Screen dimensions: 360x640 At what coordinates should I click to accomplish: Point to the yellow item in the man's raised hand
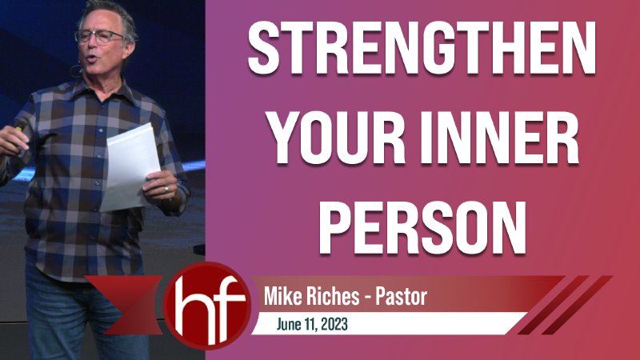18,130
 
